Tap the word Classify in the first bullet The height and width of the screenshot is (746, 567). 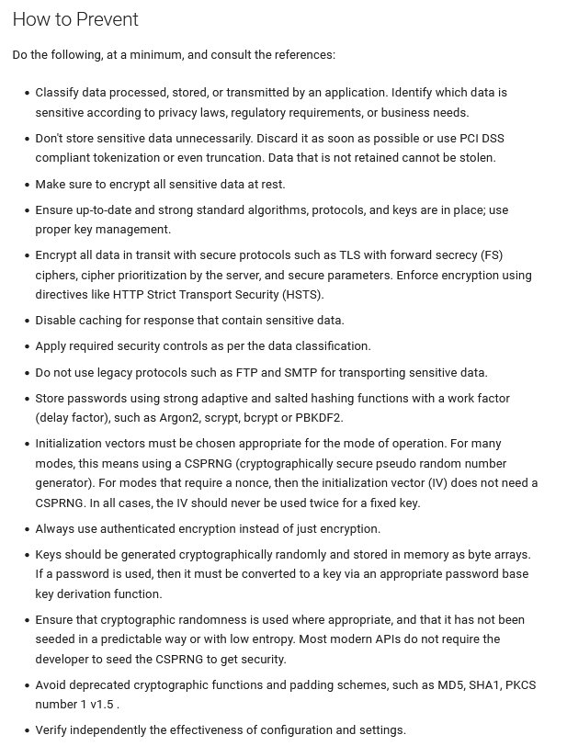coord(59,93)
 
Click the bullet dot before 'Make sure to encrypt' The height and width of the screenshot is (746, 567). coord(25,185)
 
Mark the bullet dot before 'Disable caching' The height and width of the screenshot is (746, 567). coord(25,321)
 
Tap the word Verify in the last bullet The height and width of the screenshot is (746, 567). coord(53,730)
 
